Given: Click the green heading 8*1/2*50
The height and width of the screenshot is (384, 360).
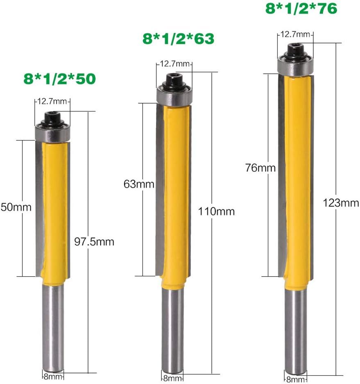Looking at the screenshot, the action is click(x=59, y=79).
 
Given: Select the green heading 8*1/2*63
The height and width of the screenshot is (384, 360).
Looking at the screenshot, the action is click(x=179, y=39).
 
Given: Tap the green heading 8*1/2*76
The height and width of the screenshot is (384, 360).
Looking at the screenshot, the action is click(x=301, y=9).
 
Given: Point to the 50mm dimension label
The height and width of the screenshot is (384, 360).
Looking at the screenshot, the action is click(x=16, y=207).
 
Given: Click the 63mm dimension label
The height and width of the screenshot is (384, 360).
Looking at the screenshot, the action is click(x=139, y=184).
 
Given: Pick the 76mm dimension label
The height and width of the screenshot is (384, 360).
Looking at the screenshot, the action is click(x=260, y=168).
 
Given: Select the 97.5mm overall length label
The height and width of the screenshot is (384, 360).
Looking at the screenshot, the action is click(x=94, y=242).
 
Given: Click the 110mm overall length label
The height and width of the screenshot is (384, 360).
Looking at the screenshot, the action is click(x=216, y=211).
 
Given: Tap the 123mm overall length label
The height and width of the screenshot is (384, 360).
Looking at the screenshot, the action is click(x=341, y=203).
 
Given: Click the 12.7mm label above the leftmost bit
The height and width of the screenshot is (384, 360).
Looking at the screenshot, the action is click(x=52, y=101).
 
